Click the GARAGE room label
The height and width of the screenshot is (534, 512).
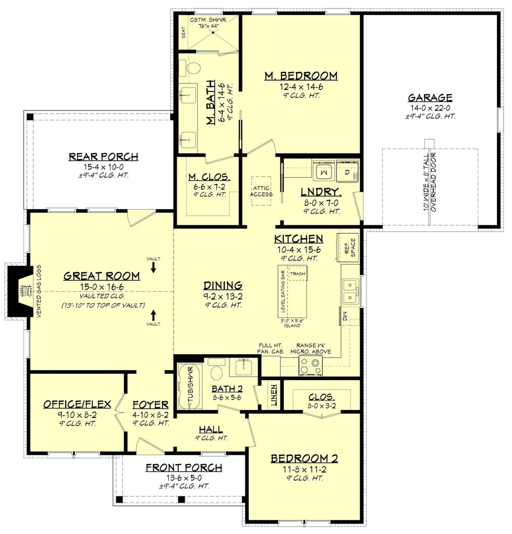[430, 98]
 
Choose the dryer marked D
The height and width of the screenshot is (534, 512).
[347, 171]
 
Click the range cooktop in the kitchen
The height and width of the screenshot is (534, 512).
[310, 366]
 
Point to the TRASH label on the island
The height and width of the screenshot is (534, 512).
[298, 274]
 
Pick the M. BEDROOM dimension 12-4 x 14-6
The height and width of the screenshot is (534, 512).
[300, 87]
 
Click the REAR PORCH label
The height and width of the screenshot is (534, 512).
[103, 156]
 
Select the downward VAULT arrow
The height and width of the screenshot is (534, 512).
[153, 267]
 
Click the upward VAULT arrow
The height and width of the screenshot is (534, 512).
[153, 315]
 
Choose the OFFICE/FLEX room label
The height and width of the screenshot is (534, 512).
[77, 404]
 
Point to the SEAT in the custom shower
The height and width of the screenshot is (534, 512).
[183, 32]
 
